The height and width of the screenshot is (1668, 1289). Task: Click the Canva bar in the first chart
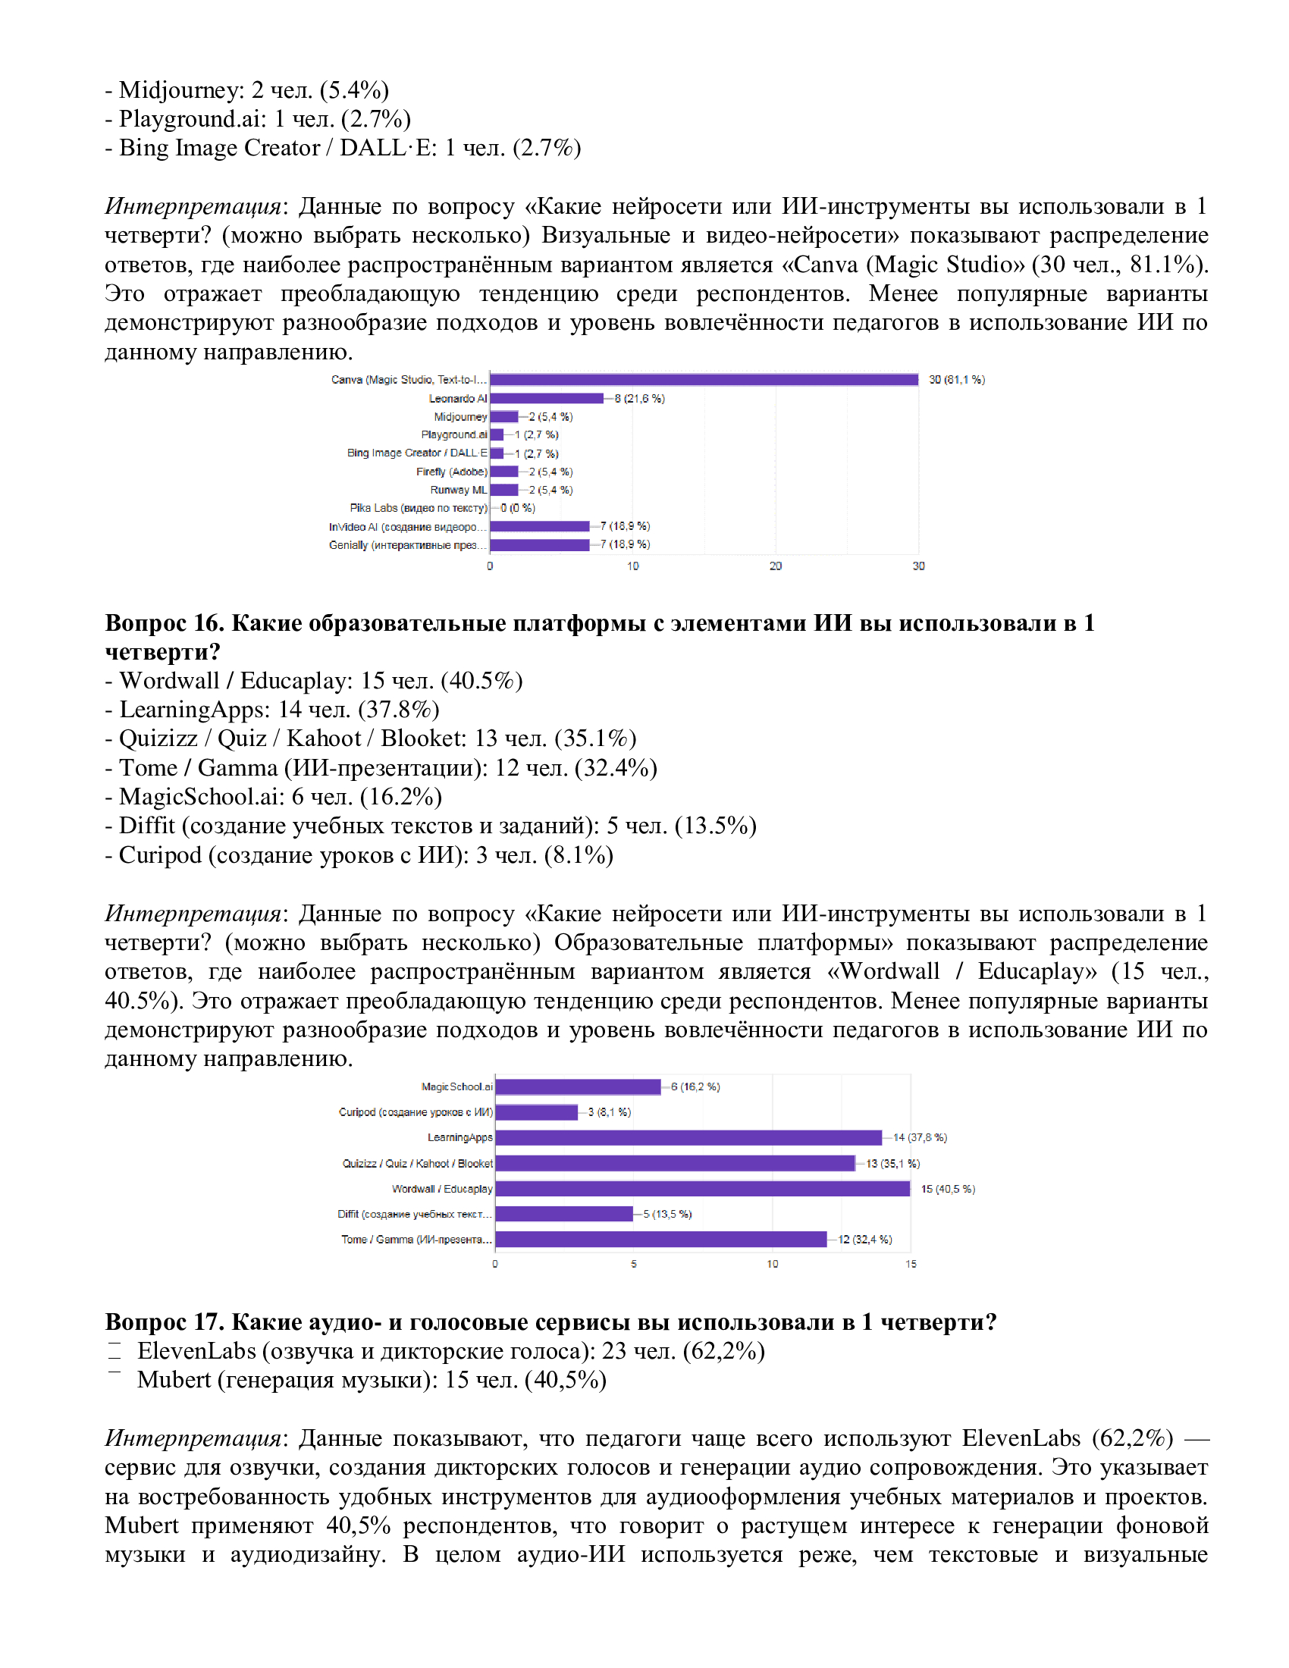[x=704, y=380]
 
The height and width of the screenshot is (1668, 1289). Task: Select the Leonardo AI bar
[x=546, y=398]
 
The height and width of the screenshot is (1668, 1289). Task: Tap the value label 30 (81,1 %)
[x=956, y=380]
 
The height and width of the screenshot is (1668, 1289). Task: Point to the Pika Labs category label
[x=418, y=508]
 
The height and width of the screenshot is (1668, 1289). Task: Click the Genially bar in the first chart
[x=539, y=544]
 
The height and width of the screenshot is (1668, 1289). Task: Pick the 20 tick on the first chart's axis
[x=775, y=566]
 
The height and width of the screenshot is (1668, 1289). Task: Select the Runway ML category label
[x=458, y=490]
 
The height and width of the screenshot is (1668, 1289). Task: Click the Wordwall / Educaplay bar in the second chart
[x=702, y=1188]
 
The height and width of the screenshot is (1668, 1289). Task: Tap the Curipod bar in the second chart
[x=536, y=1112]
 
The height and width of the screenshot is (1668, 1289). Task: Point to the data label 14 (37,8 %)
[x=920, y=1137]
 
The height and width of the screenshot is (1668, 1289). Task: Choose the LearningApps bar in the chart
[x=688, y=1137]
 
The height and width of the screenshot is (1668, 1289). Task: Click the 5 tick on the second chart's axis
[x=633, y=1264]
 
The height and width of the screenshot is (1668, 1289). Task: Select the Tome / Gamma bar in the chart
[x=660, y=1239]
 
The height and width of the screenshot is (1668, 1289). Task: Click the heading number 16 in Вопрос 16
[x=208, y=623]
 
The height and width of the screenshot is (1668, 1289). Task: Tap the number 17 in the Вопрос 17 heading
[x=208, y=1322]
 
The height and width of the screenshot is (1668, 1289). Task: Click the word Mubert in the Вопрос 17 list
[x=174, y=1380]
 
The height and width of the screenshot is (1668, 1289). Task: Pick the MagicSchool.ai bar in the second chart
[x=577, y=1086]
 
